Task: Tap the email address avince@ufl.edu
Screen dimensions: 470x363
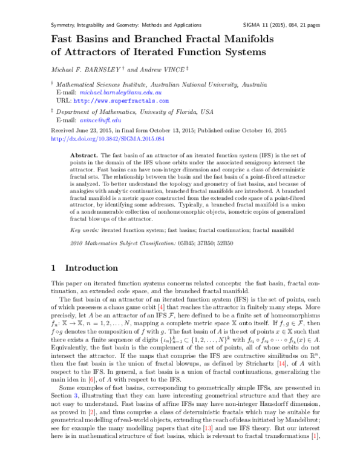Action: click(100, 121)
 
